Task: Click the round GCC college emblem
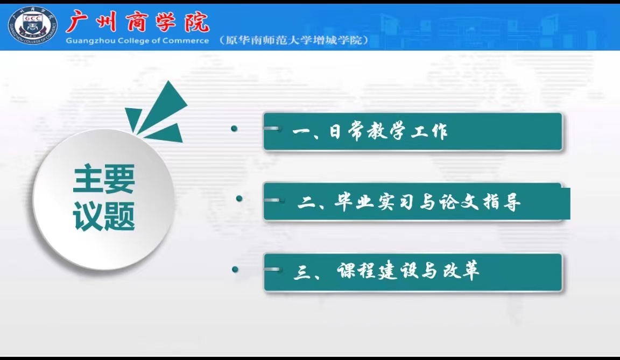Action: (x=33, y=25)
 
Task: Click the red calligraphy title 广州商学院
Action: (x=137, y=22)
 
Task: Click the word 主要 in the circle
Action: (x=104, y=180)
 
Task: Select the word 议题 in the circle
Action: (x=104, y=216)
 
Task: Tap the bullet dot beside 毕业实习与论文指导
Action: (x=239, y=199)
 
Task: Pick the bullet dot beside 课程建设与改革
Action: (x=235, y=269)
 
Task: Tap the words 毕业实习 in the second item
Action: (x=371, y=203)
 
